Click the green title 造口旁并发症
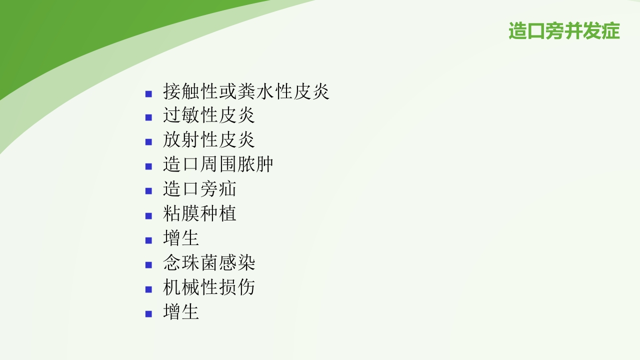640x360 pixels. coord(564,31)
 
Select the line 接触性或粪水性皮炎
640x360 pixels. coord(246,91)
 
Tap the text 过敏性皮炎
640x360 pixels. coord(209,115)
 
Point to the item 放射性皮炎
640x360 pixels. coord(209,140)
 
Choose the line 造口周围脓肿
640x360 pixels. coord(218,164)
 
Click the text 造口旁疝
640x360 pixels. coord(199,189)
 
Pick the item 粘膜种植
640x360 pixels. coord(199,213)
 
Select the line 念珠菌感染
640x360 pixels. coord(209,262)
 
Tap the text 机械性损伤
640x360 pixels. coord(209,287)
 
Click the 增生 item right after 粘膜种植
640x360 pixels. coord(181,238)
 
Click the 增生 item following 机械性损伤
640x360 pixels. coord(181,311)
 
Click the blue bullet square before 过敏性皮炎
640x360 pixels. coord(148,117)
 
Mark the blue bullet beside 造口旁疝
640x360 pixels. coord(148,191)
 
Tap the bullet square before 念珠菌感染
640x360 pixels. coord(148,264)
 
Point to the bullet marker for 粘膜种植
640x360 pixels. coord(148,215)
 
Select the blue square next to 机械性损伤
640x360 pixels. coord(148,289)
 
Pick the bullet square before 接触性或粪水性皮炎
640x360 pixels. coord(148,93)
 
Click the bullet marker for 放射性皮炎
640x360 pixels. coord(148,142)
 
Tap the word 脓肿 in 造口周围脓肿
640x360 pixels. coord(255,164)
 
